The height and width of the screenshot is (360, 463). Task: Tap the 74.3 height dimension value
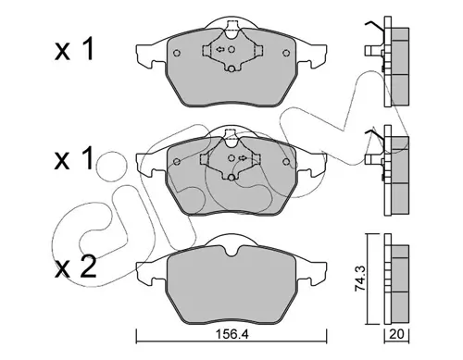pos(360,279)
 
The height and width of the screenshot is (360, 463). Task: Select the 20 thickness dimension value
pos(396,334)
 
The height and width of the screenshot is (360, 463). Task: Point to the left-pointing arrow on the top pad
pos(220,49)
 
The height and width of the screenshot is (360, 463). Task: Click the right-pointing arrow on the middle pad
pos(243,158)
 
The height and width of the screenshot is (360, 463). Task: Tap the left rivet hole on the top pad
pos(177,53)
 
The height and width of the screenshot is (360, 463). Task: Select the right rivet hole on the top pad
pos(286,53)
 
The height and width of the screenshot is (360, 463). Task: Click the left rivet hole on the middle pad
pos(177,161)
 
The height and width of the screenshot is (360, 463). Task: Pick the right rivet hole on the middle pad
pos(286,161)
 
